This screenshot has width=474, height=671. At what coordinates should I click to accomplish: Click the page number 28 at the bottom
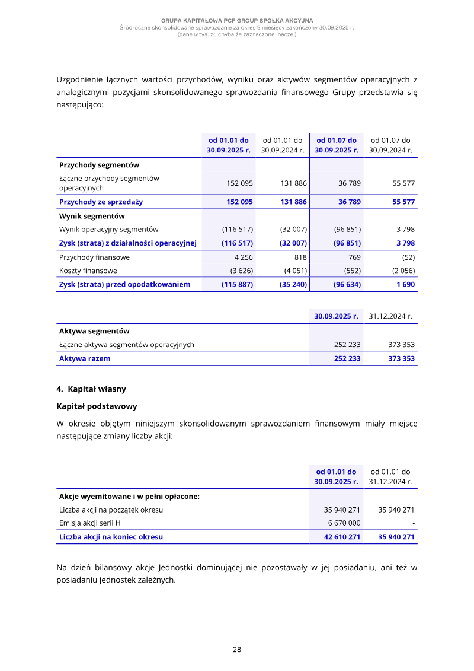coord(237,650)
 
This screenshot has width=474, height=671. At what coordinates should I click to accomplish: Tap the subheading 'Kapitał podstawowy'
coord(97,406)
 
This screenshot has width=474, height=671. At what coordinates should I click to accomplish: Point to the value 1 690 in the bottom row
coord(404,284)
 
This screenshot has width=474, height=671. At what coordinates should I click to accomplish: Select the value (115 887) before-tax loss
coord(237,284)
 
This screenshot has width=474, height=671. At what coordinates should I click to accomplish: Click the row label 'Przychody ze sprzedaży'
coord(101,202)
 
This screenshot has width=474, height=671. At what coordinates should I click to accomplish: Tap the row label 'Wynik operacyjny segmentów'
coord(108,229)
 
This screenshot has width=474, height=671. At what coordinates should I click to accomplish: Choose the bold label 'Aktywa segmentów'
coord(94,331)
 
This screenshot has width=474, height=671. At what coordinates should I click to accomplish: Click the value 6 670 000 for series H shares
coord(344,523)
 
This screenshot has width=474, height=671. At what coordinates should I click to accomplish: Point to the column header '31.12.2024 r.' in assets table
coord(390,316)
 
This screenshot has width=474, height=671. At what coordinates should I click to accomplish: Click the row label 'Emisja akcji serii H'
coord(89,523)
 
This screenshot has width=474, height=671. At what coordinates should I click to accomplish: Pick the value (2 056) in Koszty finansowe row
coord(402,271)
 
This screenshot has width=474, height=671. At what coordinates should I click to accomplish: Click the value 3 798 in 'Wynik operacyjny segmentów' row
coord(405,229)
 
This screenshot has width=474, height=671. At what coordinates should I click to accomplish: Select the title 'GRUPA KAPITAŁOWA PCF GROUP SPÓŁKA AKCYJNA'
coord(237,20)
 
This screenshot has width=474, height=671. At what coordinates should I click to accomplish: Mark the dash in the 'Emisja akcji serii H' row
coord(413,523)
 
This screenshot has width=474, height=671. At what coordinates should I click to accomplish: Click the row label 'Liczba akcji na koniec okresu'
coord(111,537)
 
